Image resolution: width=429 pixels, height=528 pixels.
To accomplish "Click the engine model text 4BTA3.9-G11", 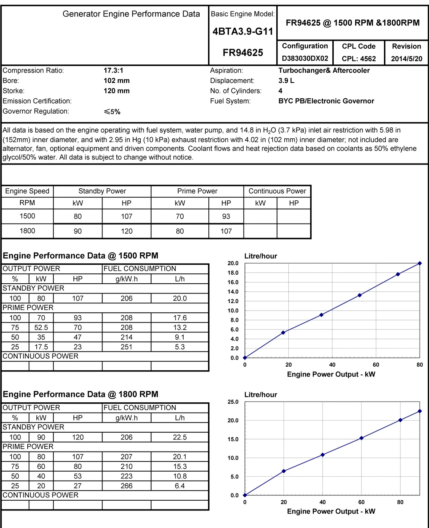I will (x=243, y=32).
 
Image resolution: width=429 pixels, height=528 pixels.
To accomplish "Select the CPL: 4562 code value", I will (x=358, y=59).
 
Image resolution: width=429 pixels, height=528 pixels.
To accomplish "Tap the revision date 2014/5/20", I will (x=406, y=59).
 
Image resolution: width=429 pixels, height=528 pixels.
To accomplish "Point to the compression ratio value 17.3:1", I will (x=113, y=70).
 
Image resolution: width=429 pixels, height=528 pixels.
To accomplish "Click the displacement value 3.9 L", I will (x=286, y=80).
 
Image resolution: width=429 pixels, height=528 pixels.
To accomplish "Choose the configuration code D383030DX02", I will (x=305, y=59).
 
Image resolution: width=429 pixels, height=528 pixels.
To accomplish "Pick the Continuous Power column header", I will (x=277, y=191).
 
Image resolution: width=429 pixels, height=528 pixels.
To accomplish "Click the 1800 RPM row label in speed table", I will (x=27, y=231).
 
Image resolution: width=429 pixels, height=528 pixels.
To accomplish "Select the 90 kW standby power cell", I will (x=77, y=231).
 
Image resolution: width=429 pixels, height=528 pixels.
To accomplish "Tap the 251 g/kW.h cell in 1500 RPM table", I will (x=127, y=347).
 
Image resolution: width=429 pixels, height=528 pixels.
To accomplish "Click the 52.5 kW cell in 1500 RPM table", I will (x=41, y=328).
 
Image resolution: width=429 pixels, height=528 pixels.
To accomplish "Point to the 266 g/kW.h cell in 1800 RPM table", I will (x=127, y=486).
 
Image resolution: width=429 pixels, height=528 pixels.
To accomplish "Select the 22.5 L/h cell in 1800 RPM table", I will (x=180, y=437).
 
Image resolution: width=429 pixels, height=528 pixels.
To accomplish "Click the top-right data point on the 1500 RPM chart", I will (x=420, y=263).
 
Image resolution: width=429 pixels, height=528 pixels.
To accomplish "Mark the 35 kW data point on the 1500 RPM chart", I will (x=321, y=315).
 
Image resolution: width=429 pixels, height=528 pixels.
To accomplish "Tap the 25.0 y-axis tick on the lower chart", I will (x=233, y=402).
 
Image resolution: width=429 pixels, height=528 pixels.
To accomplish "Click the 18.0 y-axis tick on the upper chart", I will (x=233, y=273).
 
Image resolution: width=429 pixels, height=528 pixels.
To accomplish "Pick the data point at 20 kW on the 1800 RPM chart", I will (x=284, y=471).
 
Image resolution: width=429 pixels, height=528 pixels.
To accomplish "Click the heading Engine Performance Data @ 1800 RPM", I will (x=80, y=394).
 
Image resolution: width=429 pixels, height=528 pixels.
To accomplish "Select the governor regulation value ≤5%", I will (x=112, y=112).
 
